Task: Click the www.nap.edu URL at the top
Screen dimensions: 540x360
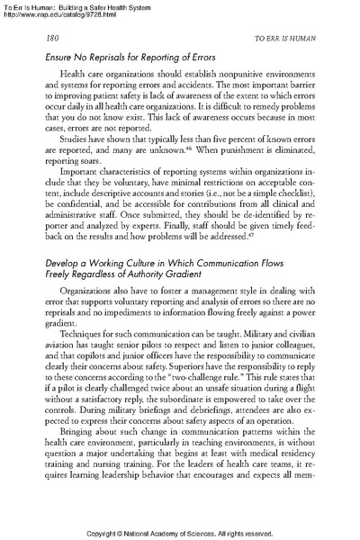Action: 59,15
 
